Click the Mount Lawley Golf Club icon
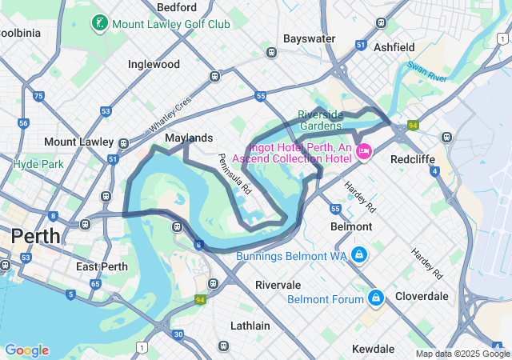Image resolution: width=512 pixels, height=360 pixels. click(x=99, y=23)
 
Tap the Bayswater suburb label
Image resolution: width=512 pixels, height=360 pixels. click(x=309, y=38)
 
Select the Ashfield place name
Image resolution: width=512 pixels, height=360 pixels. click(x=394, y=47)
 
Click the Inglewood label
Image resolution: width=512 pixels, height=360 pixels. click(x=154, y=64)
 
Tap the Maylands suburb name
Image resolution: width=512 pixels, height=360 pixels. click(x=189, y=138)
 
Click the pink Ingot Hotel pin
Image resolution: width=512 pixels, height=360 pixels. click(x=364, y=151)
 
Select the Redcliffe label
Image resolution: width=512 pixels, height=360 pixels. click(x=412, y=158)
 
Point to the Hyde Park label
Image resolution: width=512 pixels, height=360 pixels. click(x=38, y=164)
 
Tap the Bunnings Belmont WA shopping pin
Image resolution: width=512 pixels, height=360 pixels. click(x=359, y=255)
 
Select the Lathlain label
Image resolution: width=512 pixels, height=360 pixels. click(x=250, y=326)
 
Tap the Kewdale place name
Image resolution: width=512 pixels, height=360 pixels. click(x=374, y=349)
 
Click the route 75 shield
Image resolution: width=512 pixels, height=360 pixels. click(x=38, y=96)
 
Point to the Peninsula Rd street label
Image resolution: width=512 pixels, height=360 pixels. click(x=235, y=174)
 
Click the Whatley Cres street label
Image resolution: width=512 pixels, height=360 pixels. click(x=170, y=116)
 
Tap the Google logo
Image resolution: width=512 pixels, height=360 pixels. click(x=26, y=350)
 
